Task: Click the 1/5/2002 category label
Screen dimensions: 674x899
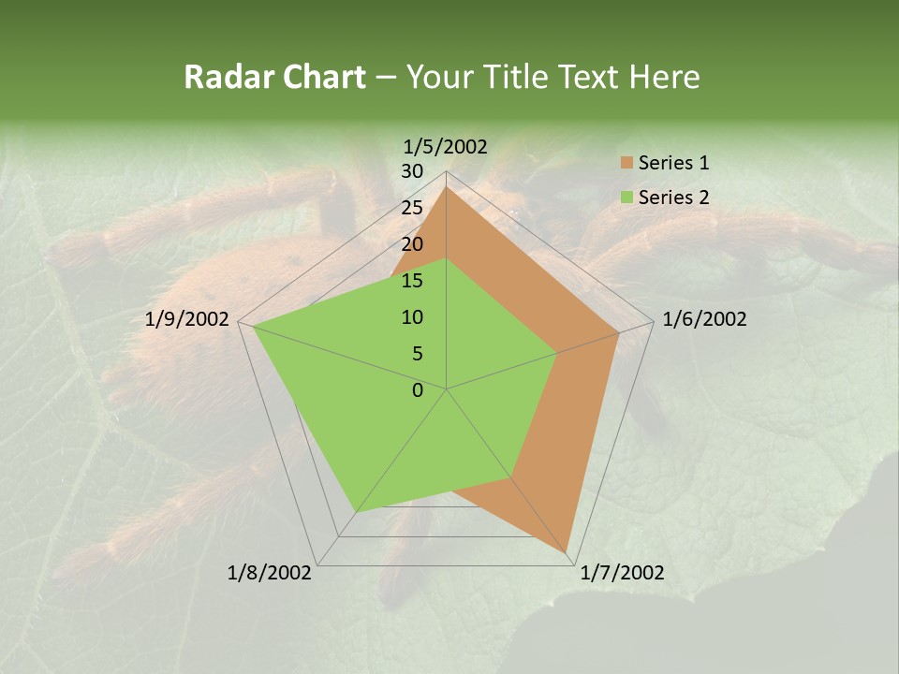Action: (446, 146)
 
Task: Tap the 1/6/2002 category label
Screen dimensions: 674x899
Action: (704, 319)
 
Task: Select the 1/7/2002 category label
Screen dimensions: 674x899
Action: (622, 573)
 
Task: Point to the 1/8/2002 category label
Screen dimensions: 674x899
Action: (270, 573)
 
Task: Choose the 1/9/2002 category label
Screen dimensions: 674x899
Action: (187, 319)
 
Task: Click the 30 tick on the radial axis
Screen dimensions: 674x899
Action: (411, 171)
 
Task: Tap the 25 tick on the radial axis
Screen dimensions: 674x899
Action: (411, 208)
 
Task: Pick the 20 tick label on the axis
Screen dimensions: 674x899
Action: (411, 244)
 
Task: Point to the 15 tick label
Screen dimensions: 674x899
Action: (411, 281)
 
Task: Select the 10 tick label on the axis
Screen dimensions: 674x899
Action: (411, 317)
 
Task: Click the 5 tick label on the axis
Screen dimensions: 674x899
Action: (417, 354)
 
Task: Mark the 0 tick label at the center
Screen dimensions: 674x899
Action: (417, 390)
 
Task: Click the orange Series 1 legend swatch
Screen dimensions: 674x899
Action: (626, 163)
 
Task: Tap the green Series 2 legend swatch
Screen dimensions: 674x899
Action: (626, 198)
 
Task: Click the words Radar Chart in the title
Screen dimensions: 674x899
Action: (274, 77)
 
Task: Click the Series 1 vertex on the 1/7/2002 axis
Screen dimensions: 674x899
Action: (567, 553)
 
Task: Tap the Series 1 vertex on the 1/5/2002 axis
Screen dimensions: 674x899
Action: (447, 187)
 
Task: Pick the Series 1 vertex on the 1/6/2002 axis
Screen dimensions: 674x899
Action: (618, 332)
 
